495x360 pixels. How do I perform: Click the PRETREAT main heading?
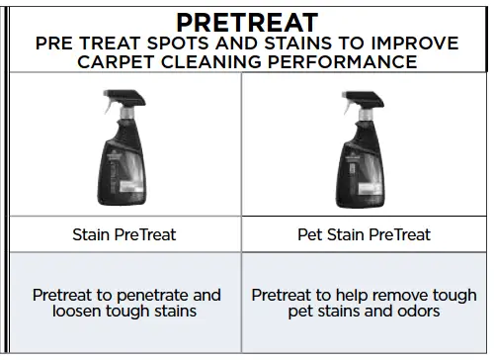(x=247, y=22)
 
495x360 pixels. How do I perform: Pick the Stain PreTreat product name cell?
(x=124, y=235)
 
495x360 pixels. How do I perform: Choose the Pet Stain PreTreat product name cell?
(x=364, y=235)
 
